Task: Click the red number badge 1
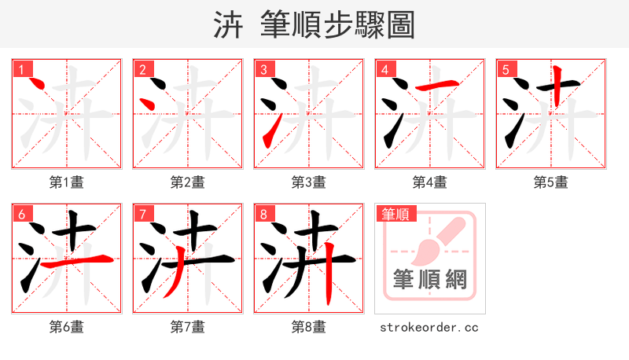(x=21, y=69)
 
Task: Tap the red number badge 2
(x=142, y=69)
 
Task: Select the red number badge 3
(x=263, y=69)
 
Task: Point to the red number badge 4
(x=384, y=69)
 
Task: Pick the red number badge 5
(x=506, y=69)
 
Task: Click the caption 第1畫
(x=67, y=182)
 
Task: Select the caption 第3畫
(x=309, y=182)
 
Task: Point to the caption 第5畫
(x=551, y=182)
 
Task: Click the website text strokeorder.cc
(x=429, y=327)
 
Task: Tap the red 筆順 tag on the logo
(x=395, y=213)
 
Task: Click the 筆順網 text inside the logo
(x=429, y=279)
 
